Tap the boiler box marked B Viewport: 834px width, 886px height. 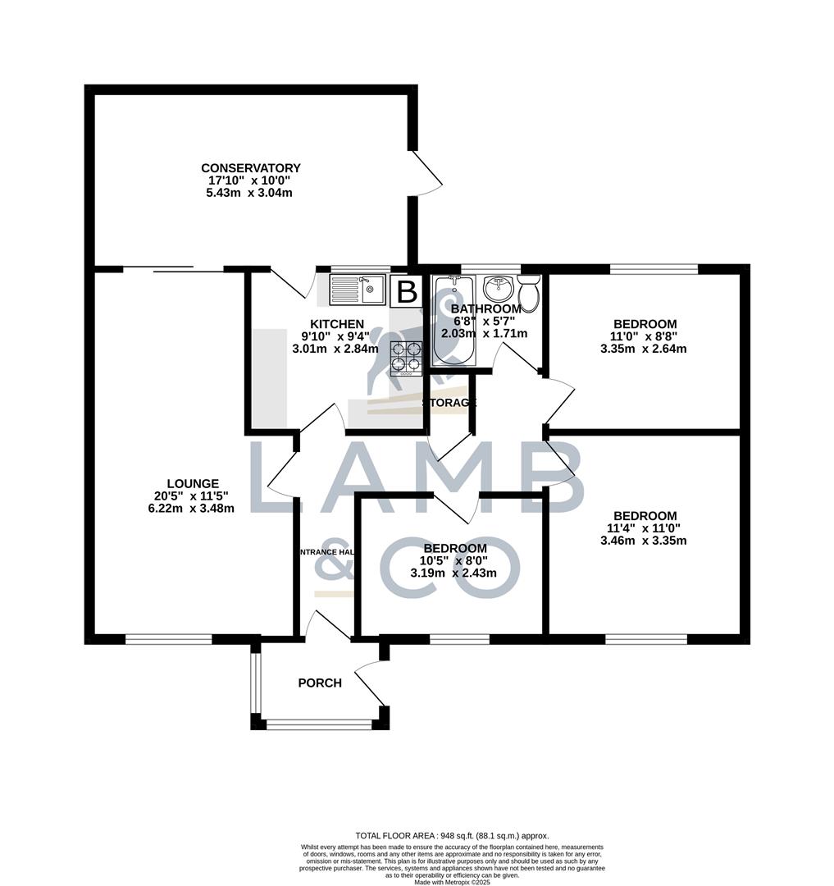pos(407,291)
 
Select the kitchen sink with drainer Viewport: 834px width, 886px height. pos(358,290)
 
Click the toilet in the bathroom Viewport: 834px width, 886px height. pos(529,293)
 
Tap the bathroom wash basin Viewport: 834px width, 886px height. pos(498,289)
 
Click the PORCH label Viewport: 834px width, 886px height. pos(320,683)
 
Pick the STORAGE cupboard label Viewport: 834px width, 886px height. pos(449,403)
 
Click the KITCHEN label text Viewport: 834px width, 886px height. pos(336,323)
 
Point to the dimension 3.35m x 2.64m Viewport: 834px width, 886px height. pos(644,348)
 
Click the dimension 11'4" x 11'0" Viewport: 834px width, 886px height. pos(644,528)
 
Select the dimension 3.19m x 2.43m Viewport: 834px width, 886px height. pos(455,573)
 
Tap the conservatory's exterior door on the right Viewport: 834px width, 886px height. pos(426,173)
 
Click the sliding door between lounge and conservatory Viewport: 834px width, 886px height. pos(173,267)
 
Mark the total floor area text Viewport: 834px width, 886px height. pos(451,835)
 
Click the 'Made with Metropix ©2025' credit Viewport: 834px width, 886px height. pos(452,882)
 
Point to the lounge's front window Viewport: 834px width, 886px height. pos(169,638)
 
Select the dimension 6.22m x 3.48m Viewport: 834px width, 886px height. pos(185,508)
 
